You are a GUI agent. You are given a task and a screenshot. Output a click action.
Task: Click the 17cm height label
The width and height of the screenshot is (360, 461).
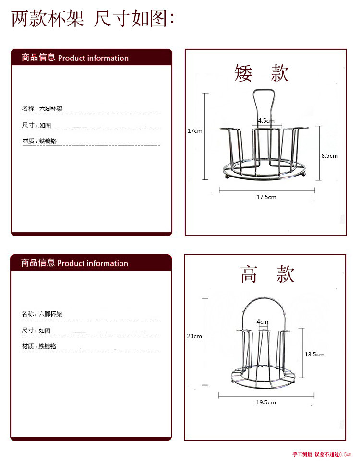tap(194, 130)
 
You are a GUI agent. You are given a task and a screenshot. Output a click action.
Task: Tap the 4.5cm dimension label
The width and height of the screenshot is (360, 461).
tap(265, 121)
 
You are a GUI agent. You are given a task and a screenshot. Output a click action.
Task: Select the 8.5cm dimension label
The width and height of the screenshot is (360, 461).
tap(329, 155)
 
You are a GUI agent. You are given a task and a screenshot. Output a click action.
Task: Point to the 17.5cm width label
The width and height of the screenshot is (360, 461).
tap(266, 197)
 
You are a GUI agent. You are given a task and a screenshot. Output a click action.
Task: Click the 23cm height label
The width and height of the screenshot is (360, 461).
tap(194, 336)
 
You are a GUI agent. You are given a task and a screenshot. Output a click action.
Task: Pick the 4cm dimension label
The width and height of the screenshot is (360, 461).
tap(262, 321)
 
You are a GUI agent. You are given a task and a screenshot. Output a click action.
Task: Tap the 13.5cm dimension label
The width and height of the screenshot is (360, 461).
tap(314, 354)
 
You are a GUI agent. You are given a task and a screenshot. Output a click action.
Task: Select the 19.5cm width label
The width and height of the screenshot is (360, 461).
tap(266, 402)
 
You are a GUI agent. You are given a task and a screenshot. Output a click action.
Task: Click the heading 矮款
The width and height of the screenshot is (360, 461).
tap(262, 73)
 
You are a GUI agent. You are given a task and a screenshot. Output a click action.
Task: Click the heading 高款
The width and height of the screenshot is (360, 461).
tap(267, 274)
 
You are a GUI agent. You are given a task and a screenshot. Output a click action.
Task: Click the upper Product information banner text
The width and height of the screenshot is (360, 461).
tap(93, 58)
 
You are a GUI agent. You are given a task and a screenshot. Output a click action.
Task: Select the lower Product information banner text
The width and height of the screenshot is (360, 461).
tap(93, 263)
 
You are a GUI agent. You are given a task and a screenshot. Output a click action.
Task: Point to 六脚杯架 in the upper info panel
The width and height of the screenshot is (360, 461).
tap(51, 109)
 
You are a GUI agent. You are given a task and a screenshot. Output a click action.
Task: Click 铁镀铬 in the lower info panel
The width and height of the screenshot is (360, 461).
tap(48, 346)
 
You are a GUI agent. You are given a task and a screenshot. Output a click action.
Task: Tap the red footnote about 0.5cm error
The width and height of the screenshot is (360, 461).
tap(322, 454)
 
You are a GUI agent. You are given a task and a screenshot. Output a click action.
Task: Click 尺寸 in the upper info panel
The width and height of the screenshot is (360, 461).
tap(28, 125)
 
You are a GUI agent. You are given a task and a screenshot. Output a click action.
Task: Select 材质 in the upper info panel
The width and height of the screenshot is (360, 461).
tap(28, 142)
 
